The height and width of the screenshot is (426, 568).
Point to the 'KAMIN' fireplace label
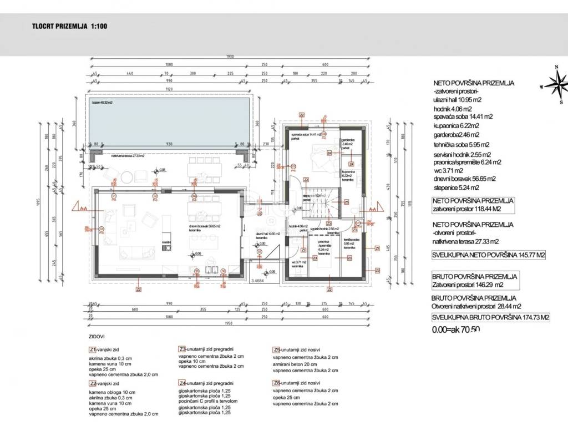165,243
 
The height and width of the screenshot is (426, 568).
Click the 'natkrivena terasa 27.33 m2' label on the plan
128,156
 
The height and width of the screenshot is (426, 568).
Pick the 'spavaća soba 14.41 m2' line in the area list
463,117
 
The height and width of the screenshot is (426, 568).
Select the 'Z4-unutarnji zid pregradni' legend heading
206,383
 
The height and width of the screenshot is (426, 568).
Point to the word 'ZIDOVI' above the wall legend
97,336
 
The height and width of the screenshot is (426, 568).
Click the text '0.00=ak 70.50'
455,329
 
